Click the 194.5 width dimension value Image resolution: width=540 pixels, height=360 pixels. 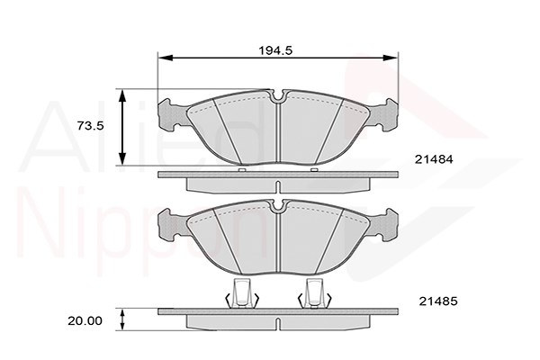click(275, 50)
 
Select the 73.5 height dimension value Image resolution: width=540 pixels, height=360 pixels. click(90, 126)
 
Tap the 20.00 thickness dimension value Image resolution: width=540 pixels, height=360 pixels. click(85, 321)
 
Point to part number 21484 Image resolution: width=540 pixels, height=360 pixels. click(434, 159)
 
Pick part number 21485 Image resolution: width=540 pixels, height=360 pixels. click(438, 301)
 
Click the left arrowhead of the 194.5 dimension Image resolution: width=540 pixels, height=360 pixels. click(165, 58)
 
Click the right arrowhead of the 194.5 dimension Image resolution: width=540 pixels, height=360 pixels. click(391, 58)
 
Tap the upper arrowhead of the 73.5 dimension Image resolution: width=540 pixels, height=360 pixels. click(121, 96)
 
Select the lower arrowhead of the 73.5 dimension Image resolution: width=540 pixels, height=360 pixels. click(121, 158)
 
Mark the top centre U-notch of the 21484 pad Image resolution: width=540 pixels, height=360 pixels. click(277, 97)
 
